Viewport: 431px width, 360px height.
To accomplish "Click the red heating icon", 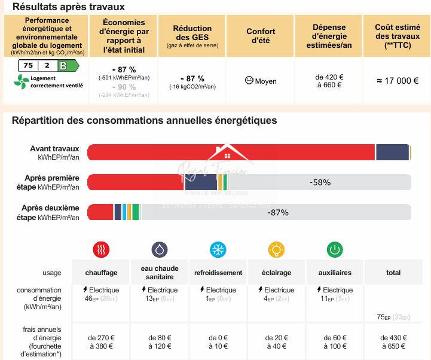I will (x=102, y=249).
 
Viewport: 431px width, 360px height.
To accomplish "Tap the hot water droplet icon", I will (x=160, y=249).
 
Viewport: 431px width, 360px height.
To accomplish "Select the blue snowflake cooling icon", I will (x=218, y=249).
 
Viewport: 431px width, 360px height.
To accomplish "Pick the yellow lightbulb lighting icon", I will (x=276, y=249).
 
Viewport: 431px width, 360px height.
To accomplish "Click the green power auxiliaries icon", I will (x=335, y=249).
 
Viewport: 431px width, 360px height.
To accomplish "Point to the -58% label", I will (x=320, y=182).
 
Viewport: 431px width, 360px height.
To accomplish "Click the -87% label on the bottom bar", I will (x=278, y=212).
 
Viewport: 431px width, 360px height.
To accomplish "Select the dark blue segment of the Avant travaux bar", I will (x=392, y=152).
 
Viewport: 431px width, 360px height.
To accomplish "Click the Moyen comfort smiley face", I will (x=249, y=81).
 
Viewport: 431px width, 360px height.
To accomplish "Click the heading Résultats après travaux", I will (x=69, y=7).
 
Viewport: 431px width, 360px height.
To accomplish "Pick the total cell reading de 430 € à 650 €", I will (x=393, y=341).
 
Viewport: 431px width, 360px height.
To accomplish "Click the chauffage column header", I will (x=101, y=273).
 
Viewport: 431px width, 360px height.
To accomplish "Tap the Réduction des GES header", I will (x=192, y=36).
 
